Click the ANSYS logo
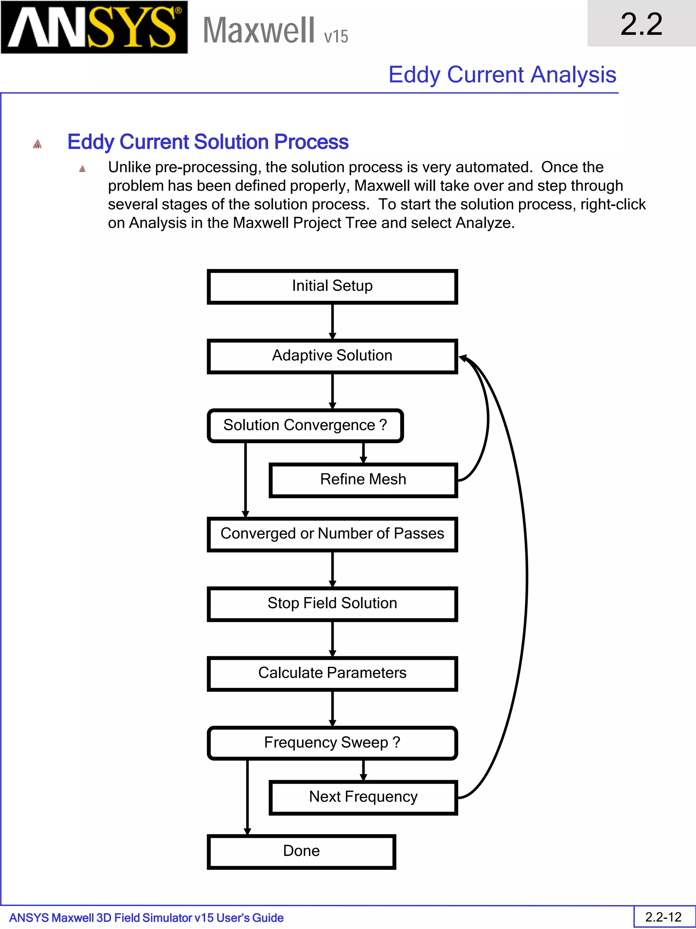94,27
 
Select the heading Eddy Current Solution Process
208,142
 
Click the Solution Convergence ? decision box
305,426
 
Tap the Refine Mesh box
363,480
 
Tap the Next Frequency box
363,797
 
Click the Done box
301,851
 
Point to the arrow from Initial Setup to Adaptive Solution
332,321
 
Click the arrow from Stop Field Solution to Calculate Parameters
332,639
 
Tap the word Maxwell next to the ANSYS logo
258,31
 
